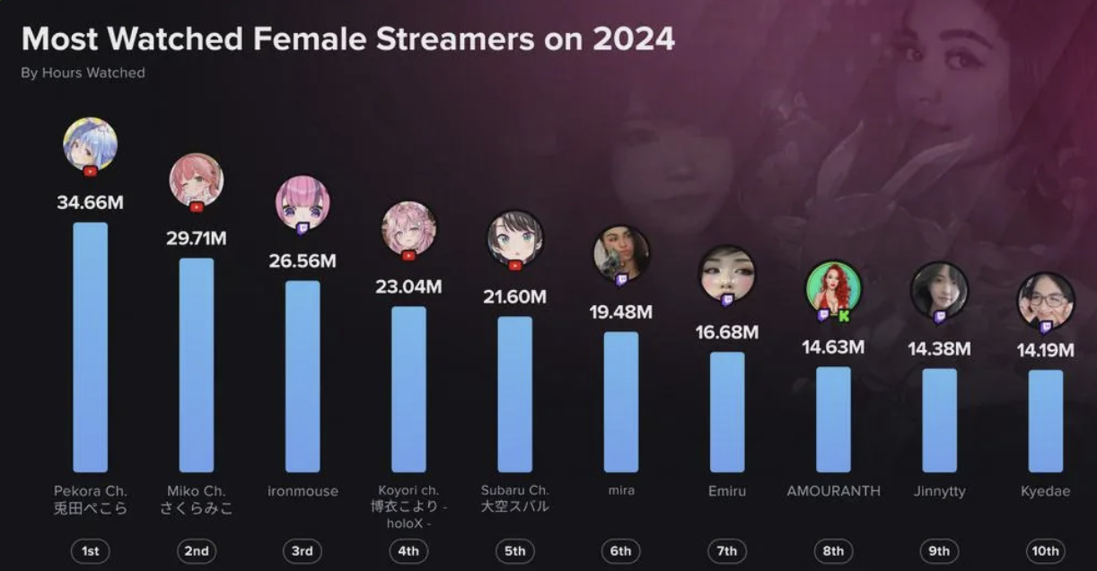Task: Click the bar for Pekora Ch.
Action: coord(90,347)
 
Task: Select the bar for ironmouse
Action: coord(303,376)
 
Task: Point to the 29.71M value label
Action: coord(196,239)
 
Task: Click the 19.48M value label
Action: coord(621,312)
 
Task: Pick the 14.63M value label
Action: coord(833,347)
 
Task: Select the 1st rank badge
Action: coord(90,551)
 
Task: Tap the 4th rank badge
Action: coord(408,551)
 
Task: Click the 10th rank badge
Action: coord(1045,551)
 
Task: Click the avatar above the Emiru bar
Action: coord(727,273)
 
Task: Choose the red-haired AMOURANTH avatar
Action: coord(833,287)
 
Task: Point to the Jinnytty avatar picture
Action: coord(939,289)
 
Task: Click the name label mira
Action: coord(621,491)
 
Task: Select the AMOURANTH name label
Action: coord(833,491)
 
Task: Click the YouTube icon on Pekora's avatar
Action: coord(90,171)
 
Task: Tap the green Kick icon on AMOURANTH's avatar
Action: coord(844,315)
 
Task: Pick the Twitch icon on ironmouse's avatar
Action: coord(303,229)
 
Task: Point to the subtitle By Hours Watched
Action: coord(83,73)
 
